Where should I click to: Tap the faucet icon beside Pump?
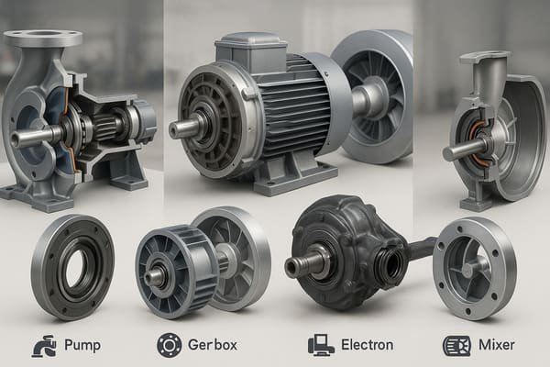point(43,345)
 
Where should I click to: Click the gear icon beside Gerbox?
point(170,345)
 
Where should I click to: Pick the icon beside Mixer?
point(455,345)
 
